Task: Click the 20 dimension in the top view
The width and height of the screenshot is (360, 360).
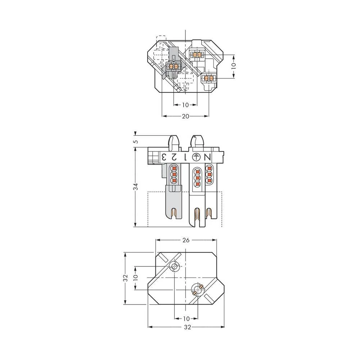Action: tap(185, 116)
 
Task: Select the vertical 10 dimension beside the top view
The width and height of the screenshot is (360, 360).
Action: tap(233, 66)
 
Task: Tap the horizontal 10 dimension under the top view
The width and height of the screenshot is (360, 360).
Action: tap(185, 105)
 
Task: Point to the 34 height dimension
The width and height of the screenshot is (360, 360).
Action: tap(135, 186)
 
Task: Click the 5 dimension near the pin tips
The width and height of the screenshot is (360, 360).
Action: tap(135, 141)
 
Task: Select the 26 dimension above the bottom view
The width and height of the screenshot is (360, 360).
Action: tap(185, 240)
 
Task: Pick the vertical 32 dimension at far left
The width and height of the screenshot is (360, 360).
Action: tap(125, 278)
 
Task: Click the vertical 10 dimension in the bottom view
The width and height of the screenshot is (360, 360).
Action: tap(135, 278)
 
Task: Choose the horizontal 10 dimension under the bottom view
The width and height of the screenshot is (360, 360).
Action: tap(186, 319)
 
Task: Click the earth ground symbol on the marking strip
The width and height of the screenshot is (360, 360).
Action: tap(196, 157)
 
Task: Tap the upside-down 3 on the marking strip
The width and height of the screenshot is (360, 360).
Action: tap(163, 157)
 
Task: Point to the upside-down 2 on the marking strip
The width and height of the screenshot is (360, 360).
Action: tap(174, 157)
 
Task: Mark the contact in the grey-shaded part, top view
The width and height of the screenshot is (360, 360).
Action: tap(174, 67)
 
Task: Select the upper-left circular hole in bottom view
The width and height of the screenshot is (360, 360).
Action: tap(175, 267)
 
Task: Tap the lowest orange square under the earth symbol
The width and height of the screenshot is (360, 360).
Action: tap(197, 184)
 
